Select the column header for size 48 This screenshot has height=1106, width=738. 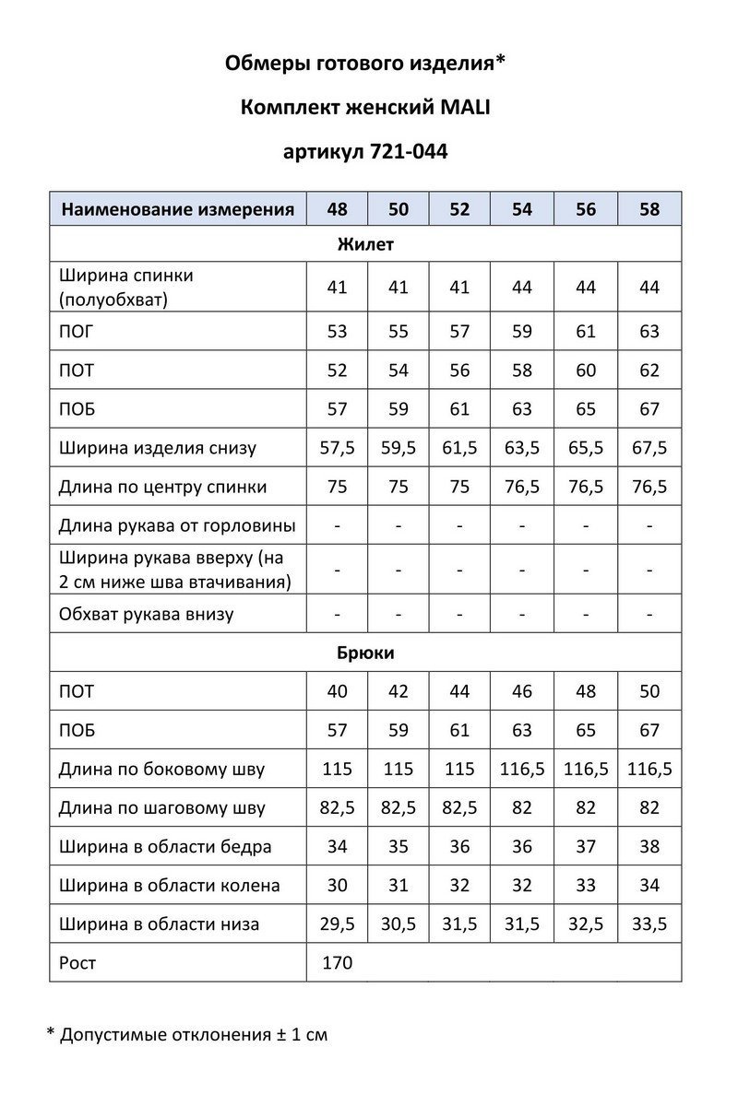coord(338,209)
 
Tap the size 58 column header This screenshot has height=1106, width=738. coord(649,209)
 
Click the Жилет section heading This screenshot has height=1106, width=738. coord(365,245)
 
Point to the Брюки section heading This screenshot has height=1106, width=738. coord(365,653)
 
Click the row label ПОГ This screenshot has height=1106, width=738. coord(76,332)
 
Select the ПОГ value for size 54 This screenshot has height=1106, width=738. coord(522,332)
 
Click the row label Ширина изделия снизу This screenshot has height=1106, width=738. coord(158,448)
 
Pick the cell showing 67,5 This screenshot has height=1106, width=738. coord(649,448)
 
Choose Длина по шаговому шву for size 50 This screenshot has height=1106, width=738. coord(399,808)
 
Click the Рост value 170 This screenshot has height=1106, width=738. coord(338,963)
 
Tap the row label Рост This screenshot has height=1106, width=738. coord(77,963)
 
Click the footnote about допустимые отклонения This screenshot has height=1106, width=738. coord(187,1034)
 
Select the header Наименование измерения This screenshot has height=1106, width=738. coord(178,209)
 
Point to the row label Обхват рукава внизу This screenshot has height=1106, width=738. coord(146,614)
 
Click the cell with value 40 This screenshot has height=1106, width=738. coord(338,691)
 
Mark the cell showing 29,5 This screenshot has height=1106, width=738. coord(338,924)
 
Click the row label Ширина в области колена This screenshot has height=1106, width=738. coord(169,886)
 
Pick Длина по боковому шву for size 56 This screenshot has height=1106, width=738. coord(586,770)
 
